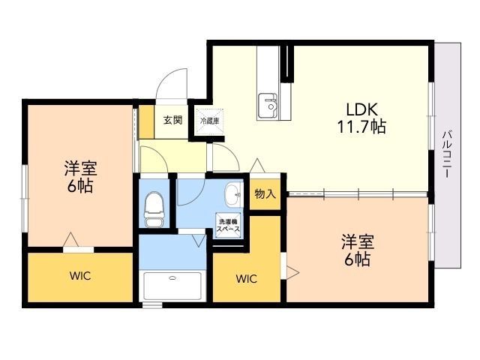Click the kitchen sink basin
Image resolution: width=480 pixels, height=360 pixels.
point(268,105)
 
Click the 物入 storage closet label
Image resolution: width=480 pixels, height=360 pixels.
point(265,194)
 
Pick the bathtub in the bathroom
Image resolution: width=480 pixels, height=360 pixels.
point(172,285)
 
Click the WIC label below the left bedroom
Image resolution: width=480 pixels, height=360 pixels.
point(81,276)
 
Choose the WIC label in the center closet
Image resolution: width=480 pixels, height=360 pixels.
point(247,279)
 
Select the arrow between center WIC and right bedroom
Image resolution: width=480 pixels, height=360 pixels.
point(292,271)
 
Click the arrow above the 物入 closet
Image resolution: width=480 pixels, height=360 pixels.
point(257,166)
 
